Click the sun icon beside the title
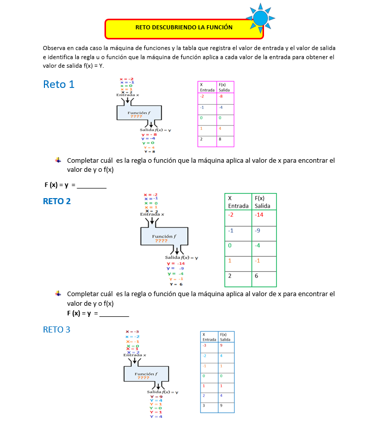pos(260,18)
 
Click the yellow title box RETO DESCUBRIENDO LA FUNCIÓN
pos(184,28)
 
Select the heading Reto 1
pos(59,84)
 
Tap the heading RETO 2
pos(57,201)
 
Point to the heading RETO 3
pos(57,329)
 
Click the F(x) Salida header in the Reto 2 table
pos(264,202)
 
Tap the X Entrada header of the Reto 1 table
pos(207,87)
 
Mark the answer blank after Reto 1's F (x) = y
pos(92,185)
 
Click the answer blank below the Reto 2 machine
pos(114,314)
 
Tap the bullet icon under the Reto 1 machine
pos(58,160)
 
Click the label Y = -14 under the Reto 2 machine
pos(176,263)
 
